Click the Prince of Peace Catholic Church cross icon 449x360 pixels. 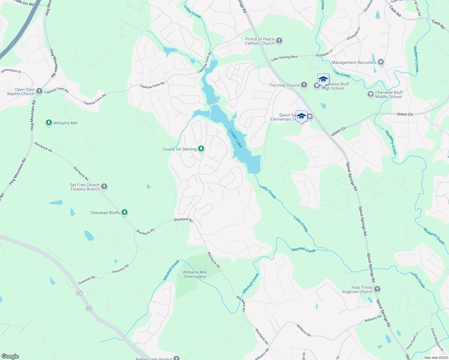(279, 41)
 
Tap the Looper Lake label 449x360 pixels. (236, 138)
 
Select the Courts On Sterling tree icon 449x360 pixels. (201, 149)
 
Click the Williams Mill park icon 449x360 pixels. (49, 123)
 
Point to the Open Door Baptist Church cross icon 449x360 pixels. (39, 91)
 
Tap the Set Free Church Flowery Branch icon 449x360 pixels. (104, 187)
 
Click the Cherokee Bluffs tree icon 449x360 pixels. (125, 212)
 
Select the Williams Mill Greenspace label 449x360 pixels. (195, 274)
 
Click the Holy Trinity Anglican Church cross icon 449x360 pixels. (377, 289)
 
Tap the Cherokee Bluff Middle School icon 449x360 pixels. (371, 94)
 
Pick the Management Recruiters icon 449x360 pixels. (381, 62)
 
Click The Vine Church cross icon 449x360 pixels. (304, 85)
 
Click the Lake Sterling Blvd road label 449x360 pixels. (284, 58)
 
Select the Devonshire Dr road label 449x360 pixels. (11, 71)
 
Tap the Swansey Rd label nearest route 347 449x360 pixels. (87, 280)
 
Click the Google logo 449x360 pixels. (10, 356)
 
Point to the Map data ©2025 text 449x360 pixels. (436, 358)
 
